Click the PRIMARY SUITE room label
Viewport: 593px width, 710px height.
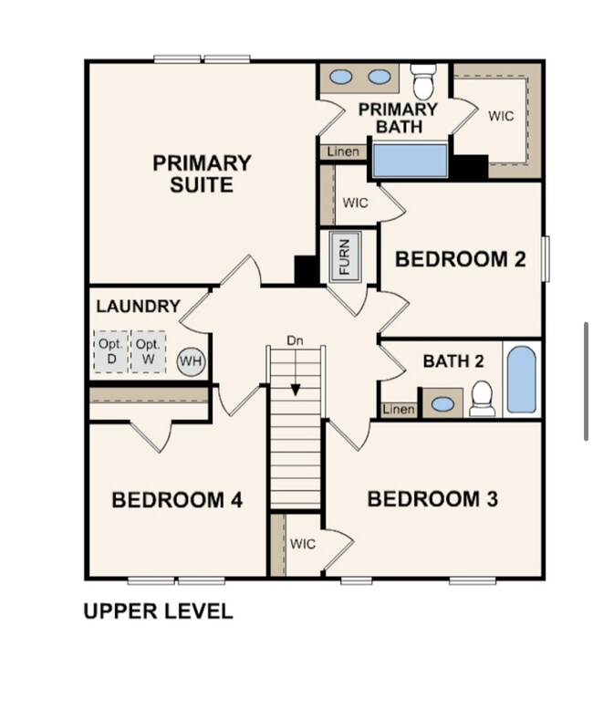tap(202, 174)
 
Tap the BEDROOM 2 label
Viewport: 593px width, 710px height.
tap(460, 259)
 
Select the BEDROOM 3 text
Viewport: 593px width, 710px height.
tap(432, 499)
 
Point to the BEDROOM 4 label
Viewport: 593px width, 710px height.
tap(176, 500)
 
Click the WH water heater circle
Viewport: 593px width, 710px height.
tap(191, 361)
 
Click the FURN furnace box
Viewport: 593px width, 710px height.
tap(345, 255)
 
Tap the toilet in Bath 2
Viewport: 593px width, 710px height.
tap(482, 399)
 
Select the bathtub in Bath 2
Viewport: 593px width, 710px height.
tap(521, 380)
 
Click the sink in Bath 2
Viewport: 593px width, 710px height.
tap(444, 403)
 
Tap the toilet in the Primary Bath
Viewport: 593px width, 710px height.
tap(422, 82)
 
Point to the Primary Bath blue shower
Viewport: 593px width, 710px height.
tap(410, 161)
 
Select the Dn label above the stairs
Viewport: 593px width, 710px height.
tap(295, 340)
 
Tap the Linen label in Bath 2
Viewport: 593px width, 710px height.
tap(398, 410)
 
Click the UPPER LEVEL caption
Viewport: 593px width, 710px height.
tap(158, 611)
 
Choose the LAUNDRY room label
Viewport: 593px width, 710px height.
tap(138, 307)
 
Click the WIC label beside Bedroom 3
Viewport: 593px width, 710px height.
tap(303, 544)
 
